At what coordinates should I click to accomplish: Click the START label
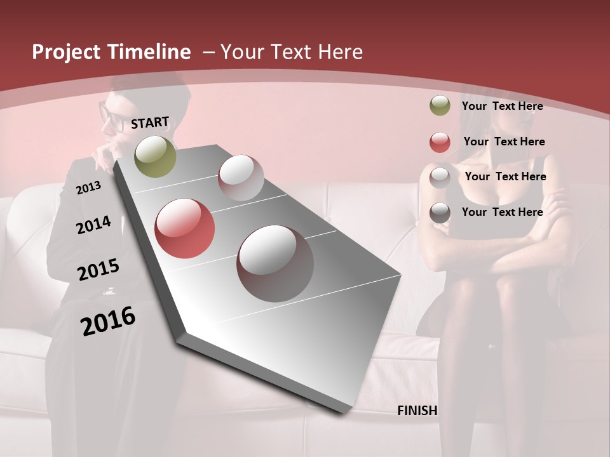(150, 123)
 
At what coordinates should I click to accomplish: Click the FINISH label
(417, 411)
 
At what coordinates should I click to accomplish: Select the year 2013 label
(88, 188)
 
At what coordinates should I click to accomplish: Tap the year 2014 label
(93, 225)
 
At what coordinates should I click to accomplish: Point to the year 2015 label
(98, 270)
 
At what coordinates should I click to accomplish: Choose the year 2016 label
(108, 321)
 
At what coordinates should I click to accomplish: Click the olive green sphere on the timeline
(155, 156)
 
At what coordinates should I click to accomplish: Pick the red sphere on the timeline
(184, 228)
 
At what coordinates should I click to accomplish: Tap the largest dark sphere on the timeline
(275, 263)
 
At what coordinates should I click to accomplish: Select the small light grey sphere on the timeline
(241, 178)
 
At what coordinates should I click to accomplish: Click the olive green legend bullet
(440, 106)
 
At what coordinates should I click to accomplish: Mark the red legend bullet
(440, 142)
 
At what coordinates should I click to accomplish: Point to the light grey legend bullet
(440, 178)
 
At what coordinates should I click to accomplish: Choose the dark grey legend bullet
(440, 213)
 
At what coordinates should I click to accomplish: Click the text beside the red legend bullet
(504, 142)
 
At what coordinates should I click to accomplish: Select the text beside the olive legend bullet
(502, 106)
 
